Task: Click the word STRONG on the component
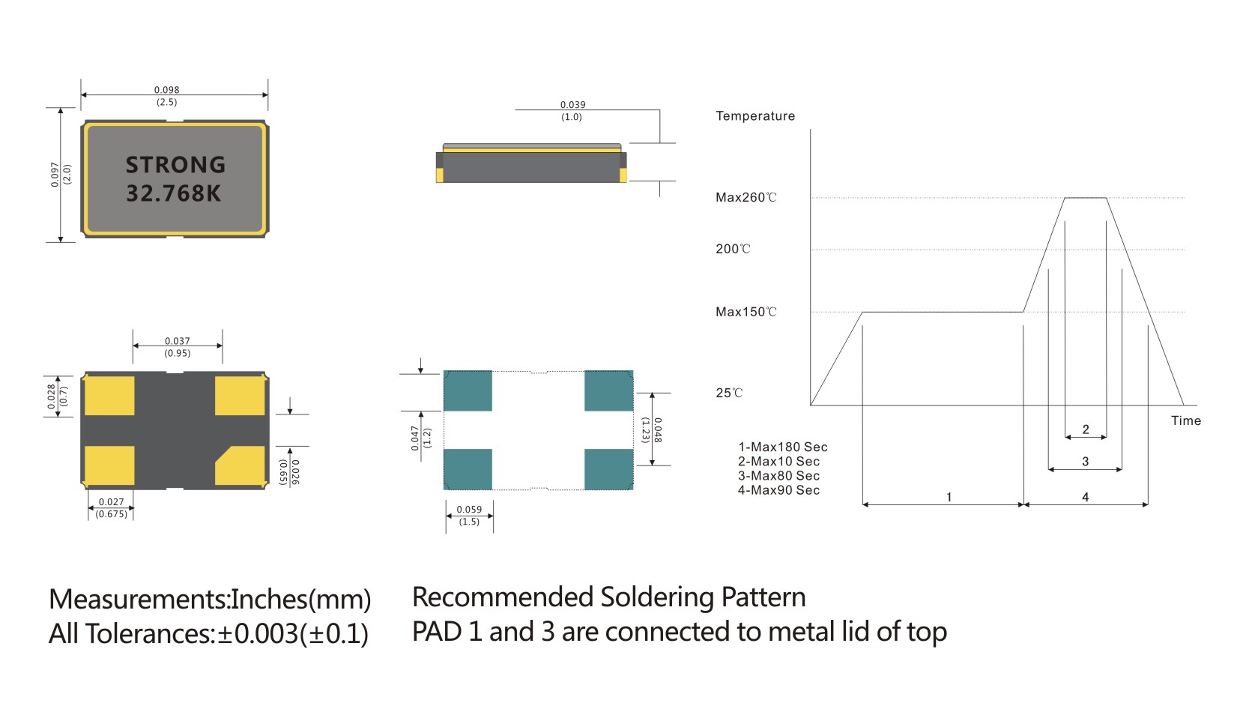[175, 165]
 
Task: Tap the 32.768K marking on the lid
[174, 193]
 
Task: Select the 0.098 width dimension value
[166, 90]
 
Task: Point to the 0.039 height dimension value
[572, 105]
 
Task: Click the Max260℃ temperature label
[746, 198]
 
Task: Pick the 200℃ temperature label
[732, 249]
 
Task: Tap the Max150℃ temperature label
[746, 312]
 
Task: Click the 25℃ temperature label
[728, 393]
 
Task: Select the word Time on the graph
[1185, 420]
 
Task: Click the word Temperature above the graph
[755, 116]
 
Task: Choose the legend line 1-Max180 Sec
[782, 447]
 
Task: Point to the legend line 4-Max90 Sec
[778, 490]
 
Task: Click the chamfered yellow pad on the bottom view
[241, 466]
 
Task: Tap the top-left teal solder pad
[468, 390]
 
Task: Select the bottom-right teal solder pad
[608, 469]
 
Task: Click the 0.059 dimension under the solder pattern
[469, 510]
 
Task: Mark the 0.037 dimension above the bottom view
[178, 341]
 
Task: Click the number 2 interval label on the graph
[1086, 429]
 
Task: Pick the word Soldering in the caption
[657, 597]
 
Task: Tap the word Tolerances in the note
[150, 634]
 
